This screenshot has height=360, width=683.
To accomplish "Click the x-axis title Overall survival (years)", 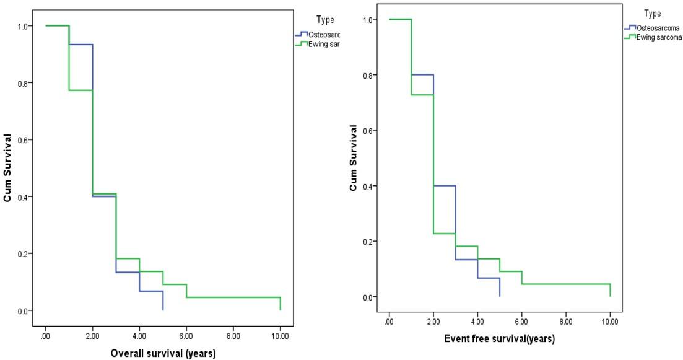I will coord(163,354).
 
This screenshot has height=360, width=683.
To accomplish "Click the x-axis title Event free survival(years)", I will coord(499,339).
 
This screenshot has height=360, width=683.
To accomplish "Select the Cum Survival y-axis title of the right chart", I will coord(353,158).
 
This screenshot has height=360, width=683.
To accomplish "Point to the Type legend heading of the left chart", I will coord(325,20).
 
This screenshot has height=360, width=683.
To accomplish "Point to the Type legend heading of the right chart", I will coord(652,14).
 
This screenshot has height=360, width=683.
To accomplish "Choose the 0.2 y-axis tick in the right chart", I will coord(367,242).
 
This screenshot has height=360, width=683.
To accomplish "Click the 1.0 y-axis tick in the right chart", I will coord(367,19).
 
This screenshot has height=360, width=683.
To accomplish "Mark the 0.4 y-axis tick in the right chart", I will coord(367,186).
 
